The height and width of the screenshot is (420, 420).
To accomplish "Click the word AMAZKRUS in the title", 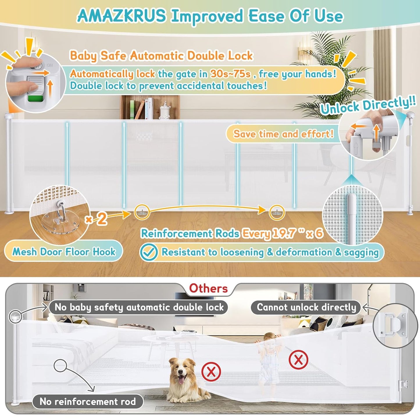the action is (121, 16).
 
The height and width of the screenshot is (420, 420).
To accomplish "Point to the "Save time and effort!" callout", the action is (283, 134).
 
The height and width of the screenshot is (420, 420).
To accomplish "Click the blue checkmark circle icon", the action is (149, 252).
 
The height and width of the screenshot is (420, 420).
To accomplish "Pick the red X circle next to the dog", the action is (211, 372).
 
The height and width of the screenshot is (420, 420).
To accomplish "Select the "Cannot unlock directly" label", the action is (306, 307).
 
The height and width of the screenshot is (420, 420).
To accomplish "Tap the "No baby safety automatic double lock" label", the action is (139, 307).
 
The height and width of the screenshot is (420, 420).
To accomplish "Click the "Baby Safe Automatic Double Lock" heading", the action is (161, 56).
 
